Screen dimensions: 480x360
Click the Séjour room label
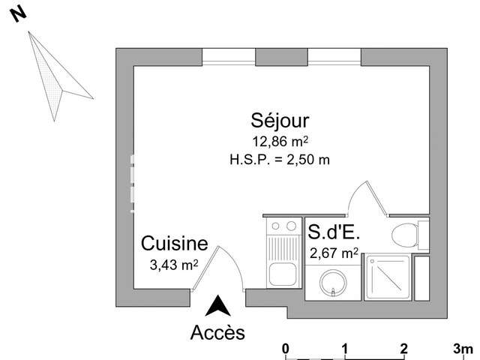coord(280,121)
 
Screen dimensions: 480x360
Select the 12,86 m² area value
coord(280,142)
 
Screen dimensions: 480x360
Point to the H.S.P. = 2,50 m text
coord(280,160)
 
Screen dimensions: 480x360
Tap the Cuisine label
coord(175,244)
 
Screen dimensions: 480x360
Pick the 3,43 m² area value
coord(174,265)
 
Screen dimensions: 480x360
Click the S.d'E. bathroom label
coord(334,232)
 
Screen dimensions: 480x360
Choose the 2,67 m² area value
coord(334,253)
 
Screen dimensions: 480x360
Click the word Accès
coord(217,332)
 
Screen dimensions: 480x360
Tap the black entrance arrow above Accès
coord(217,305)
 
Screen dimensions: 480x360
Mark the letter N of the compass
coord(19,15)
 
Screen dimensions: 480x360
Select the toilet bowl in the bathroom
coord(405,235)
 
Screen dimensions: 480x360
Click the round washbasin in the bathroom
coord(333,283)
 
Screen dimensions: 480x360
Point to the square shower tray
coord(388,277)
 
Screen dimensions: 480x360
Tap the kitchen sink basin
coord(283,274)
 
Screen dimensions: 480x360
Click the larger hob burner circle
coord(291,226)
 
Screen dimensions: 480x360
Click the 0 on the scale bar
coord(285,349)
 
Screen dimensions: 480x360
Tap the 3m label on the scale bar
coord(463,349)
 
